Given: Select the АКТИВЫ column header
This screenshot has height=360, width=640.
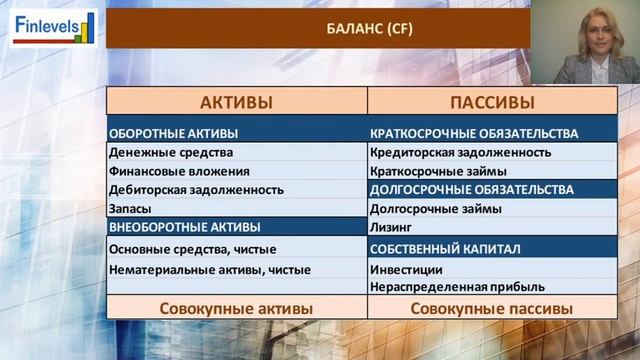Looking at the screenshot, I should click(236, 102).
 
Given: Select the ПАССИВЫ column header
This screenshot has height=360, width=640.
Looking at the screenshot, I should click(492, 102).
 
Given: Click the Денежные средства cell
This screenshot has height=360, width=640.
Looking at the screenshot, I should click(171, 152).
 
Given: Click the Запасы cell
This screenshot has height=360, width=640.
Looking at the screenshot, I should click(130, 209).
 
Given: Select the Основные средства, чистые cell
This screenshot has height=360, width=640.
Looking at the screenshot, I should click(192, 249).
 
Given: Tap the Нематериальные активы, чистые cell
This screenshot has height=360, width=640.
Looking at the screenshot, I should click(209, 269).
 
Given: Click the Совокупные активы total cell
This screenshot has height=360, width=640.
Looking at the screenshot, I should click(236, 309).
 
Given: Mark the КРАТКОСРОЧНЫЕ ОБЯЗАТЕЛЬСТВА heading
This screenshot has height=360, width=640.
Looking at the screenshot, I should click(474, 133).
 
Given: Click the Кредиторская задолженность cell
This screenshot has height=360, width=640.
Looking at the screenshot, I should click(460, 152).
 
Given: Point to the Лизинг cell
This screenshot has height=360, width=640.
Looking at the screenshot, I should click(392, 227).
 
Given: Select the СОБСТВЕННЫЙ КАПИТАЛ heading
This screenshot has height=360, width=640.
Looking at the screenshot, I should click(445, 249).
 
